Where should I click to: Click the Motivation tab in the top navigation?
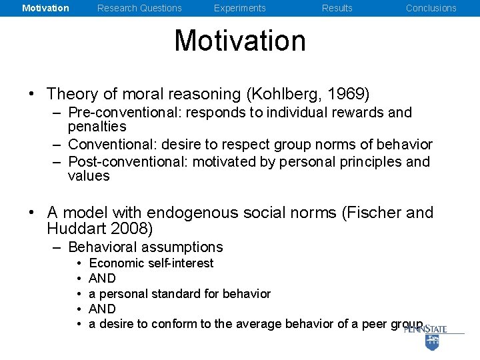click(x=45, y=8)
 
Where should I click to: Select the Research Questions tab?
click(x=139, y=8)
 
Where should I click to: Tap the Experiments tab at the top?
click(x=239, y=8)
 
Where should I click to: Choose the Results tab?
click(x=337, y=8)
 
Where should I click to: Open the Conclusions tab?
click(x=431, y=8)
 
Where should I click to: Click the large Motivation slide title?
click(x=240, y=41)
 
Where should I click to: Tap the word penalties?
click(x=97, y=127)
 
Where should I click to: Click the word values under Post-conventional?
click(x=89, y=176)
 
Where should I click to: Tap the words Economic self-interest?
click(x=151, y=263)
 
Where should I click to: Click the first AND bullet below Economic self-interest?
click(x=102, y=279)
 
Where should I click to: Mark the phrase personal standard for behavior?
click(x=185, y=294)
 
